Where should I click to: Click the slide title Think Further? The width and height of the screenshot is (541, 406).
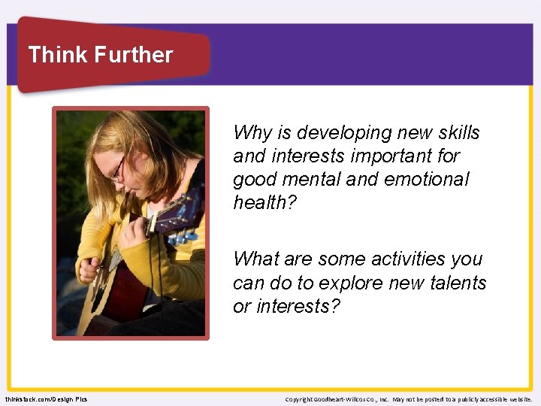(x=100, y=55)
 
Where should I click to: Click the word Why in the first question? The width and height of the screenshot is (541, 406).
(x=250, y=133)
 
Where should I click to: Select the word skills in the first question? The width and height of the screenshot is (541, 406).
(x=454, y=133)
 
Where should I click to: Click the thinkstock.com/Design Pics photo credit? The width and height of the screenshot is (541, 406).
(x=46, y=398)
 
